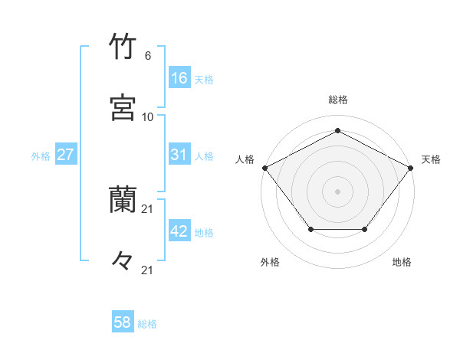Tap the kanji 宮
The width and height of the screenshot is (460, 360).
(x=123, y=108)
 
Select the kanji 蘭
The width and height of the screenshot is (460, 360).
(x=123, y=200)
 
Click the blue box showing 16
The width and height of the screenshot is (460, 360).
(x=179, y=78)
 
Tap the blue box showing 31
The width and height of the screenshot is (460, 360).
(x=179, y=155)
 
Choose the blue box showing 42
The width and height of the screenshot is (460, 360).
(x=179, y=231)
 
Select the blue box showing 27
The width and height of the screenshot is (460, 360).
(x=65, y=155)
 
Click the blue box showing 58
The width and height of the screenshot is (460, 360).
(x=123, y=322)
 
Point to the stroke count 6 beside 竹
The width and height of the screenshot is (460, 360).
(x=148, y=56)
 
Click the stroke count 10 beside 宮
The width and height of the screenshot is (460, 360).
(x=148, y=116)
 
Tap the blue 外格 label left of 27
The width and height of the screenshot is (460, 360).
(x=41, y=155)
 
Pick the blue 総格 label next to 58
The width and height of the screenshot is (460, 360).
(x=147, y=324)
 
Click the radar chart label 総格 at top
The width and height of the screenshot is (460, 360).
(x=337, y=100)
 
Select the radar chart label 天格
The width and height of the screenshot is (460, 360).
(x=431, y=159)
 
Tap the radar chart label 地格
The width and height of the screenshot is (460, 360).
(x=402, y=262)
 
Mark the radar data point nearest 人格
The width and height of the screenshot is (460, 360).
(x=264, y=167)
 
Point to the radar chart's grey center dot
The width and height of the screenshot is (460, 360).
(x=337, y=191)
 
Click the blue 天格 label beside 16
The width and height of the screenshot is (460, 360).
(x=204, y=80)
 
